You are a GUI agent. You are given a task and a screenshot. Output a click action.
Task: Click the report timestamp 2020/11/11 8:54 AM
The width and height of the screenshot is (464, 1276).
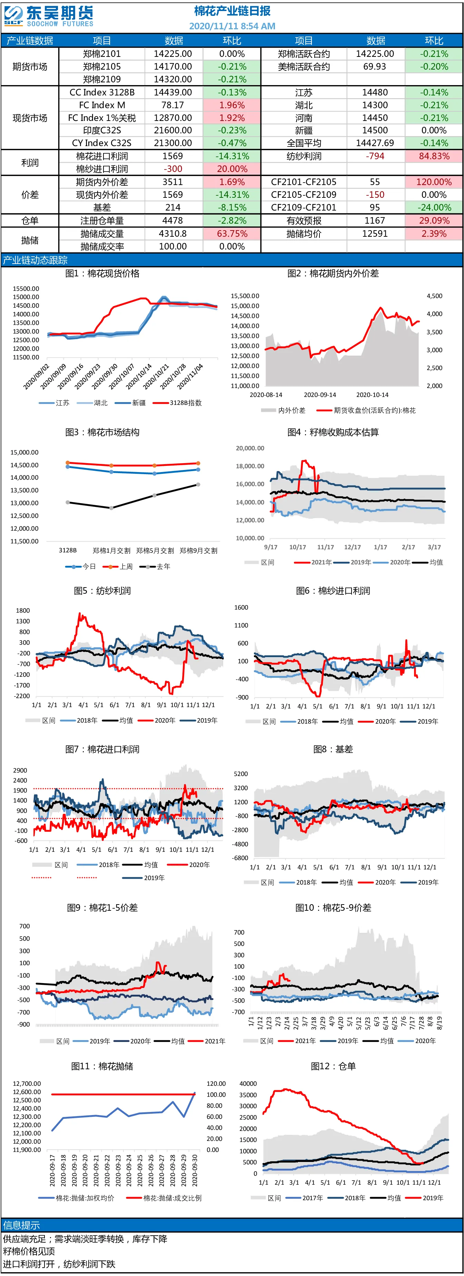click(232, 26)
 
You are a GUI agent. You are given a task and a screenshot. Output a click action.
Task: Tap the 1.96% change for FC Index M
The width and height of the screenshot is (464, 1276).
click(232, 105)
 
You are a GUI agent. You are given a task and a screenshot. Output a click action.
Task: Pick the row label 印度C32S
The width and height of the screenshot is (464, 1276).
click(102, 130)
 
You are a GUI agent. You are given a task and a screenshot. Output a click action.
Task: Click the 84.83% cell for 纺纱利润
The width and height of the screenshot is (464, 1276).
click(434, 156)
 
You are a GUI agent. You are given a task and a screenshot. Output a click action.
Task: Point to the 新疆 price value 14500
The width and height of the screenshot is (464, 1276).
click(375, 130)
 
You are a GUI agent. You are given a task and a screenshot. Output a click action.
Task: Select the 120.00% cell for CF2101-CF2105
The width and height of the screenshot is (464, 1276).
click(434, 182)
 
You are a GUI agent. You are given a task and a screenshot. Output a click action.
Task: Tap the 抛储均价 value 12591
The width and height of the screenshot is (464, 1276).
click(375, 233)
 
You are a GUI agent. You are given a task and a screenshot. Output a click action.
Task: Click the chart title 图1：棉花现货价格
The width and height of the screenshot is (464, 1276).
click(102, 274)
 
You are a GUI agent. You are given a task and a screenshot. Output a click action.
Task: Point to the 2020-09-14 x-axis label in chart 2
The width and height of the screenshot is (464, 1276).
click(320, 395)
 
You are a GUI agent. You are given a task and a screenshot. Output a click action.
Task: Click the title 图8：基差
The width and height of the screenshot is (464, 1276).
click(333, 749)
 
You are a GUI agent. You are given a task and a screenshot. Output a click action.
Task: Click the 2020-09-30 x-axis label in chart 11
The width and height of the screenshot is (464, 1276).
click(195, 1170)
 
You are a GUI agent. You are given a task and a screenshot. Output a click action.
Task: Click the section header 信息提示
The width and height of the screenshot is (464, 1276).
click(22, 1225)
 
